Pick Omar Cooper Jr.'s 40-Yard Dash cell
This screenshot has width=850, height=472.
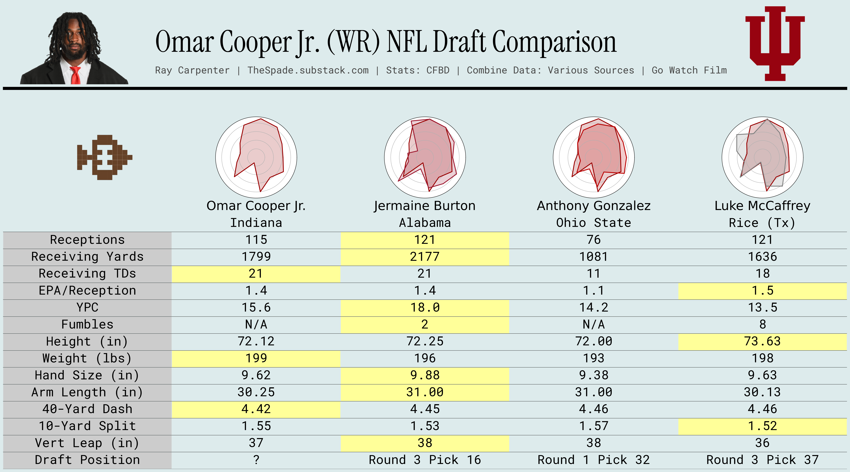pos(256,409)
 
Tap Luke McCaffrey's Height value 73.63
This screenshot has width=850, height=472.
pos(762,341)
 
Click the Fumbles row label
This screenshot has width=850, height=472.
pos(87,324)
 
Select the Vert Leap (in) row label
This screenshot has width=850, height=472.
pos(87,443)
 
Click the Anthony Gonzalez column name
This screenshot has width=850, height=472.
pos(594,206)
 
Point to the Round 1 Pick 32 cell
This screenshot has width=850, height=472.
pos(594,460)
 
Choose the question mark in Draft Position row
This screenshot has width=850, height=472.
pos(256,460)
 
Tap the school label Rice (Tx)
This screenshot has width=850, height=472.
pos(762,223)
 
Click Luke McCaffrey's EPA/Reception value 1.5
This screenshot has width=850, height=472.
pos(762,290)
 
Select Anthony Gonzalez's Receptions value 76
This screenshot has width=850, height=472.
pos(594,240)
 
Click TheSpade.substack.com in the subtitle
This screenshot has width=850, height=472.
pos(308,70)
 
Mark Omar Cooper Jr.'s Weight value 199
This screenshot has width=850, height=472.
pos(256,358)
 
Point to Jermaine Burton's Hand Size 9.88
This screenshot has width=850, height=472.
pos(425,375)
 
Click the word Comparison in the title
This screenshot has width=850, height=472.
pos(554,42)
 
